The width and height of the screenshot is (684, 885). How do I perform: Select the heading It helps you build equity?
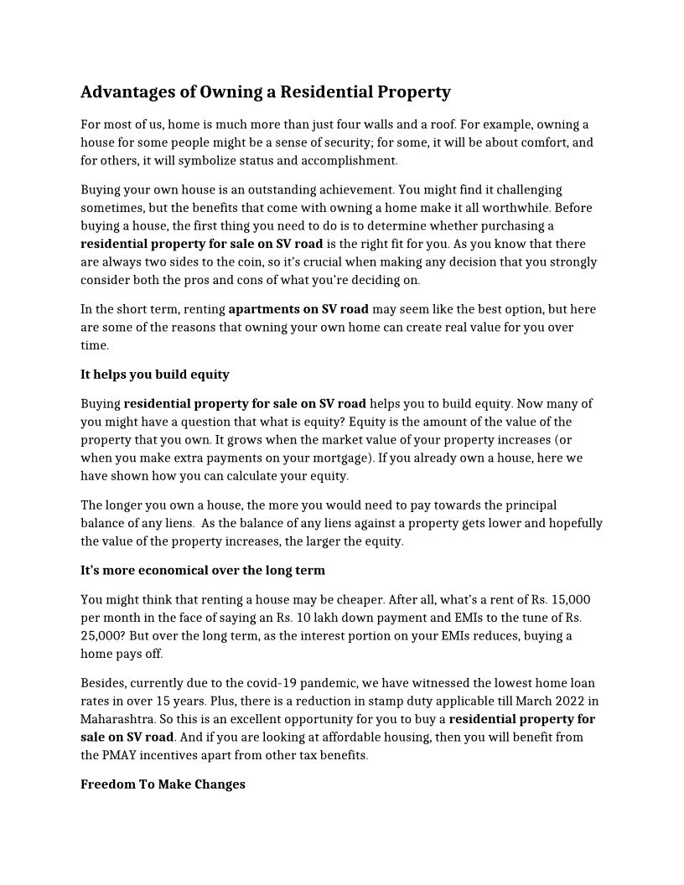(x=155, y=375)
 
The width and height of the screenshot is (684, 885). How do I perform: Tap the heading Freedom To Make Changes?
(x=163, y=785)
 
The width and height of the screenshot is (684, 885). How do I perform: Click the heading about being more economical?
(x=203, y=571)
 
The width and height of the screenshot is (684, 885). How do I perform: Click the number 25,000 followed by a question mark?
(x=102, y=636)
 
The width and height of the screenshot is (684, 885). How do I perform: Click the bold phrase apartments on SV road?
(x=298, y=309)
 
